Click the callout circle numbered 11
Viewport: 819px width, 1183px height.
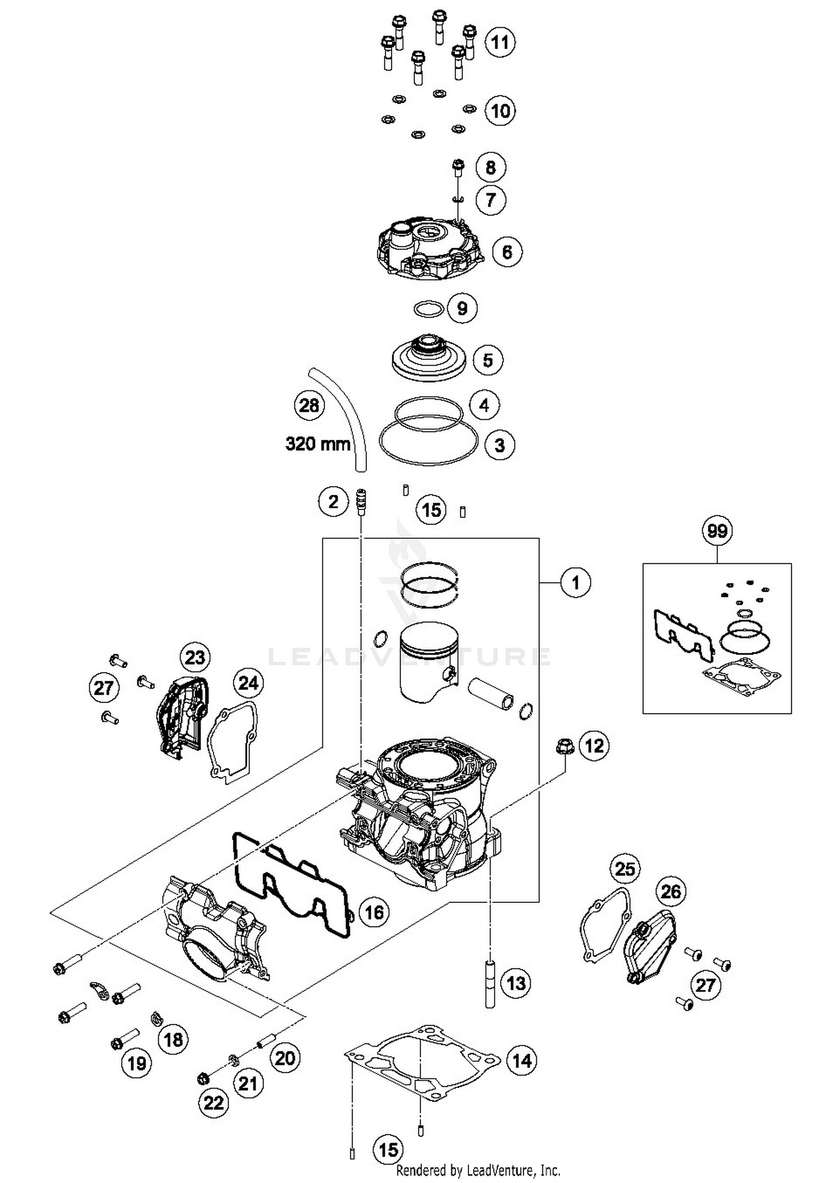coord(500,42)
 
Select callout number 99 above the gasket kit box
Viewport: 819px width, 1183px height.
coord(717,531)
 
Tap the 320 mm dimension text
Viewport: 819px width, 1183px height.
coord(318,443)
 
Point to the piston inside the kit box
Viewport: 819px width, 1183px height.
coord(429,662)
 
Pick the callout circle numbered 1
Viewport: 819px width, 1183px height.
coord(575,583)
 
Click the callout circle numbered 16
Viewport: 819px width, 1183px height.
coord(374,912)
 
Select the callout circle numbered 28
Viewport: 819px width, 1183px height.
coord(309,406)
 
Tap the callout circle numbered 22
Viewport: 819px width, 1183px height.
coord(213,1103)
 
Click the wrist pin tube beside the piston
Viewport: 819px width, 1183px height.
coord(491,693)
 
